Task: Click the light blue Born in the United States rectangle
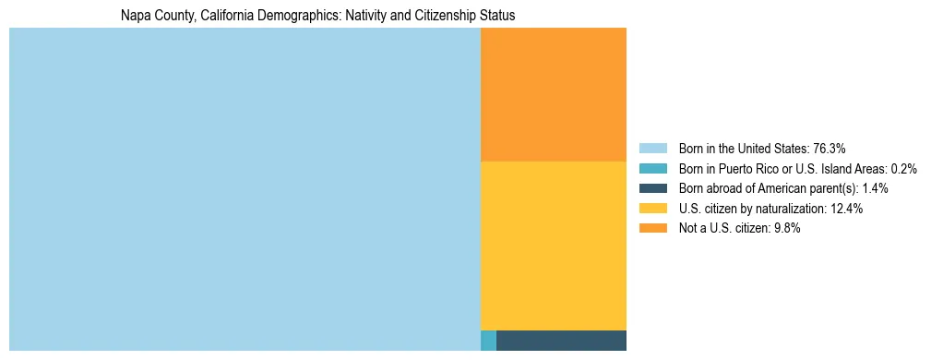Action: [245, 189]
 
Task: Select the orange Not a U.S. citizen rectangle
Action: [554, 94]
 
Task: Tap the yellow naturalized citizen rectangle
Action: [554, 246]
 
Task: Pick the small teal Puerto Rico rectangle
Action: [488, 341]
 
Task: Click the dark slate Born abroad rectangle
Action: [561, 341]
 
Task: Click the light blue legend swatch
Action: [652, 149]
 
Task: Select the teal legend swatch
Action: [652, 169]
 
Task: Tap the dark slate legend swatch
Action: [652, 188]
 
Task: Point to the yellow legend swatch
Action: [652, 209]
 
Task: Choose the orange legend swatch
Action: [652, 228]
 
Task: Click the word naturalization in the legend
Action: [787, 209]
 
